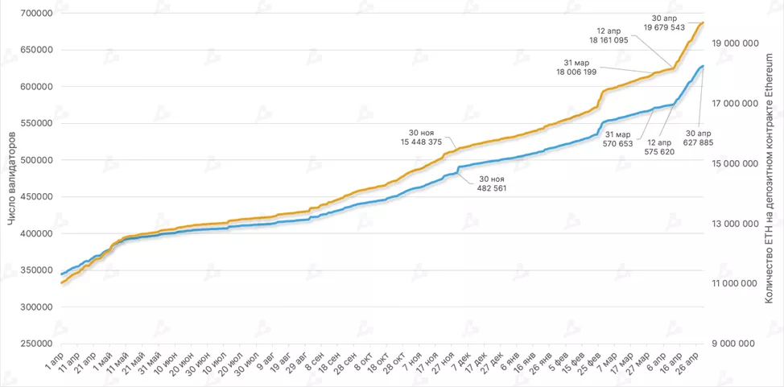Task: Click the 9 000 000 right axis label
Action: [734, 344]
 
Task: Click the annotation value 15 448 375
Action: [413, 142]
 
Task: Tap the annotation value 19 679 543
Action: [664, 27]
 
